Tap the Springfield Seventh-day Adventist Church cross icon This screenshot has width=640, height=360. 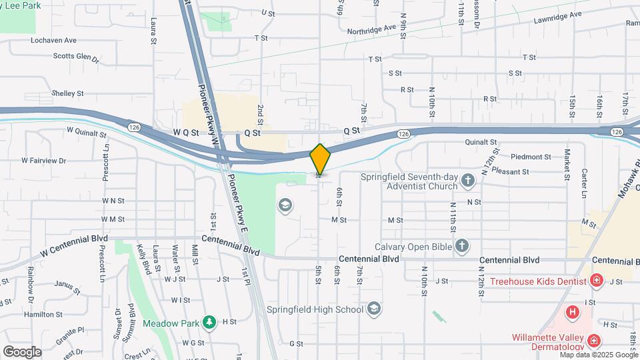tap(468, 181)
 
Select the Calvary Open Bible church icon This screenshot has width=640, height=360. tap(461, 246)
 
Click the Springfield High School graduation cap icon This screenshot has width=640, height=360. tap(374, 309)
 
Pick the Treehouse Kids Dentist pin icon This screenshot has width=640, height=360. tap(597, 281)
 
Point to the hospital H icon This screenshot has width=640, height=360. tap(572, 311)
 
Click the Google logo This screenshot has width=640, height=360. tap(22, 351)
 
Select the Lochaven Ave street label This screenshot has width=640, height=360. tap(54, 40)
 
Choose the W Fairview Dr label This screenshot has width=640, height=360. tap(44, 161)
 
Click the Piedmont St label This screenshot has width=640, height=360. tap(531, 157)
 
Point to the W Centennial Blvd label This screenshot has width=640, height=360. tap(73, 251)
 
